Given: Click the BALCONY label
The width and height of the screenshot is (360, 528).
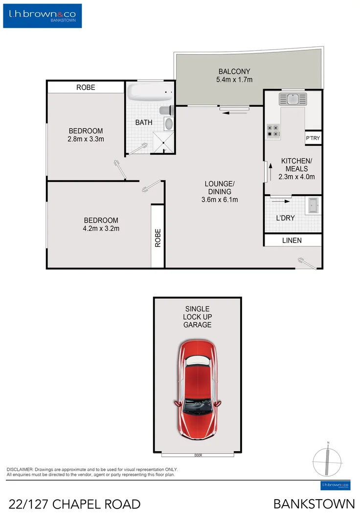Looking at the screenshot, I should [x=234, y=71].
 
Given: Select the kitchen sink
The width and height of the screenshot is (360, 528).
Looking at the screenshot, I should [x=292, y=99].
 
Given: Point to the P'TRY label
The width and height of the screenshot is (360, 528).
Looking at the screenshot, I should [x=313, y=138].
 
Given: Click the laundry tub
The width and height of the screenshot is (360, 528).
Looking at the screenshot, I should [x=313, y=206].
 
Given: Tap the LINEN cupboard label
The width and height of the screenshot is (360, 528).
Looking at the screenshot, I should [x=292, y=241].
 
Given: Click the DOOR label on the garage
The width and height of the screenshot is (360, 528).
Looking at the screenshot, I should [x=198, y=455].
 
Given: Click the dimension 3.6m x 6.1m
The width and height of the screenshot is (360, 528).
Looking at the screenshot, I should [x=220, y=199].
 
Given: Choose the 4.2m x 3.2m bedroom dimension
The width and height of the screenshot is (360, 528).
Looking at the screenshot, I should [x=101, y=228].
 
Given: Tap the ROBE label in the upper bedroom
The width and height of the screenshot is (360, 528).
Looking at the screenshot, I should [x=86, y=88].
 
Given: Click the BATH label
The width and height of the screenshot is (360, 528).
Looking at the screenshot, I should [x=144, y=123].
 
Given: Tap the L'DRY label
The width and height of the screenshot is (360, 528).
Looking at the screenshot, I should [x=285, y=218].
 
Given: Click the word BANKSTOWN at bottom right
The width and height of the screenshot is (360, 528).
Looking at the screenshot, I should [x=314, y=504].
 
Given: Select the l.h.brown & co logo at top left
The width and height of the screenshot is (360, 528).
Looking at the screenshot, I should [x=43, y=16].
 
